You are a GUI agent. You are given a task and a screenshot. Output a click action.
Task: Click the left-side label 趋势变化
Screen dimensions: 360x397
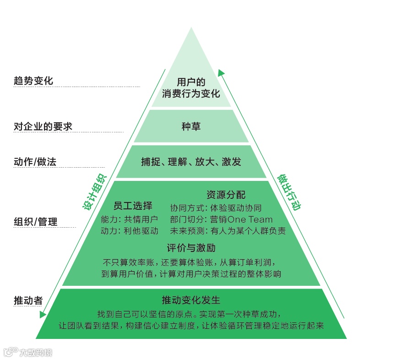click(x=33, y=81)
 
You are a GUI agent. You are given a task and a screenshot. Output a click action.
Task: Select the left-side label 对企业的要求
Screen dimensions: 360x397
click(x=43, y=126)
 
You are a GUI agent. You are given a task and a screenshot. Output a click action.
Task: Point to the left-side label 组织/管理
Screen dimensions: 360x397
click(x=35, y=222)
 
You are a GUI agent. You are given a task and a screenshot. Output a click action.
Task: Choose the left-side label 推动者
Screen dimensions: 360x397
click(x=28, y=300)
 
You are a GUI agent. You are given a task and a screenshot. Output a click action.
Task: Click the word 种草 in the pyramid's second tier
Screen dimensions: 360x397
click(x=191, y=127)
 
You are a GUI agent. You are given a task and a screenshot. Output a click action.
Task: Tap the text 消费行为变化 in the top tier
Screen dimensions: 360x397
click(x=191, y=94)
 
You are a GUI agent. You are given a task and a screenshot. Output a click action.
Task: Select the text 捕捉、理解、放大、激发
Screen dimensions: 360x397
click(x=191, y=162)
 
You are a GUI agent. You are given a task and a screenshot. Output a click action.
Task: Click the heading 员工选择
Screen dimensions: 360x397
click(x=133, y=205)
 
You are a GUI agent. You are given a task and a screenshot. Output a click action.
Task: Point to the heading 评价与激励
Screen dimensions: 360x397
click(x=191, y=248)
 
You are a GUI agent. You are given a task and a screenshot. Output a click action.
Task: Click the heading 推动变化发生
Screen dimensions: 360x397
click(x=191, y=300)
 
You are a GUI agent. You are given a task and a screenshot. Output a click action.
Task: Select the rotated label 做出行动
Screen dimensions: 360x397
click(x=288, y=192)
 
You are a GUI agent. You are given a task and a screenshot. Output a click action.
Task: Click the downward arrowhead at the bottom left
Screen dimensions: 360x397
click(x=43, y=314)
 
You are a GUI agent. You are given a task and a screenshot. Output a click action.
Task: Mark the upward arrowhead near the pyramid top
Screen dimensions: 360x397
click(x=221, y=72)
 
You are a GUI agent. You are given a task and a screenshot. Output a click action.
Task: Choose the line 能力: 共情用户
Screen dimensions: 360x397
click(x=129, y=219)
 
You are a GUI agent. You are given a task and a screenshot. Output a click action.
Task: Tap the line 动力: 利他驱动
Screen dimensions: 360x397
click(x=129, y=231)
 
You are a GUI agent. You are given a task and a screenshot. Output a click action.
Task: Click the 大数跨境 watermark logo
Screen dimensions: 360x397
click(x=28, y=352)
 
